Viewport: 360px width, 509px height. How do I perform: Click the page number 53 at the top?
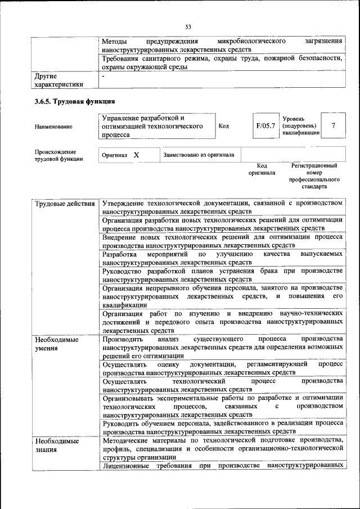tap(188, 26)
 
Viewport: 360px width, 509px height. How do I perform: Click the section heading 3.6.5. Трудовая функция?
tap(75, 102)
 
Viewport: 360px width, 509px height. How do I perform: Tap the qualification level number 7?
tap(334, 126)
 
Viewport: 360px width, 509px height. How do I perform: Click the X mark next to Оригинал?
tap(136, 154)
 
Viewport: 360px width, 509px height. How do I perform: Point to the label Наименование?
tap(53, 127)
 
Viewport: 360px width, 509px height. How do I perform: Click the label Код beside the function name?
tap(223, 126)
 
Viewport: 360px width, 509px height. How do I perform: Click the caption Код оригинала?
tap(262, 169)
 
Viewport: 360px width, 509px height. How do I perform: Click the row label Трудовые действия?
tap(65, 203)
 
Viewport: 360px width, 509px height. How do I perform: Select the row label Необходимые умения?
tap(56, 344)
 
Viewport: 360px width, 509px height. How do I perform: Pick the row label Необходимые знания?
tap(56, 446)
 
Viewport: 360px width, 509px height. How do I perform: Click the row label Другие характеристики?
tap(59, 79)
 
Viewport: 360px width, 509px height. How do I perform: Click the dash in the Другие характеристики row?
tap(103, 75)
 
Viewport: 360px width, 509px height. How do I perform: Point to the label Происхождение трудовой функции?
tap(56, 155)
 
